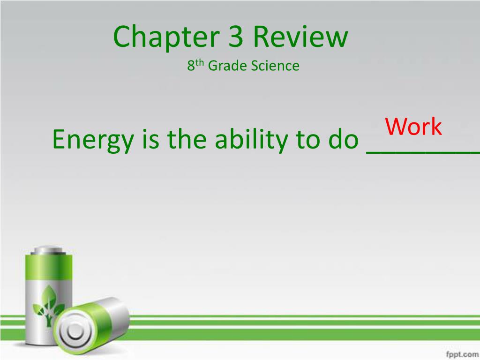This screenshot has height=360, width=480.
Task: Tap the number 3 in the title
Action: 236,37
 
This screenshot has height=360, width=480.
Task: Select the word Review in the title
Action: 301,37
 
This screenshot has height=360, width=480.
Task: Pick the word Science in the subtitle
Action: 275,66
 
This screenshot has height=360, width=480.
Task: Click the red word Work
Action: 413,127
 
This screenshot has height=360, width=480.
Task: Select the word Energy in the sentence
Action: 92,140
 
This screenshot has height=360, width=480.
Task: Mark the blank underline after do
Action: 422,151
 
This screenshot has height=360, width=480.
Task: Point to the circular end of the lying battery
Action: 74,331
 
